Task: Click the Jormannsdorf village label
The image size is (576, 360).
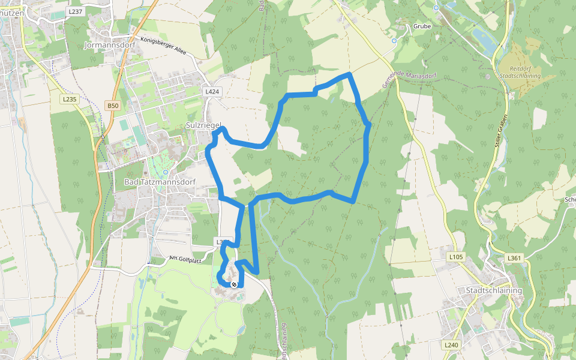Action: pyautogui.click(x=110, y=45)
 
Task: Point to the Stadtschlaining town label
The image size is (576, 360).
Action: pyautogui.click(x=494, y=290)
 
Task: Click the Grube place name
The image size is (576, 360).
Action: pyautogui.click(x=422, y=26)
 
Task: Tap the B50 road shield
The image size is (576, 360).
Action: pyautogui.click(x=113, y=106)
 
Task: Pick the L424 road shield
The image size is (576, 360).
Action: pyautogui.click(x=212, y=92)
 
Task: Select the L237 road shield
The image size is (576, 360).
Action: pyautogui.click(x=75, y=11)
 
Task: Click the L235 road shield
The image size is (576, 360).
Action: pyautogui.click(x=70, y=99)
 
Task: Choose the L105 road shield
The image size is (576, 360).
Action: pyautogui.click(x=457, y=257)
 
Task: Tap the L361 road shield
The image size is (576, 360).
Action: pyautogui.click(x=514, y=258)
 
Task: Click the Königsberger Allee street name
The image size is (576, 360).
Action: pyautogui.click(x=163, y=46)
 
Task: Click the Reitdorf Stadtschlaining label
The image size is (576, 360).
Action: pyautogui.click(x=520, y=73)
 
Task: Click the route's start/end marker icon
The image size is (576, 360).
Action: pyautogui.click(x=234, y=284)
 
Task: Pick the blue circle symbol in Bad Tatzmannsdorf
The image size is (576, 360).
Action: pyautogui.click(x=166, y=172)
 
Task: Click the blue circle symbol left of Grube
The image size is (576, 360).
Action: pyautogui.click(x=394, y=41)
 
